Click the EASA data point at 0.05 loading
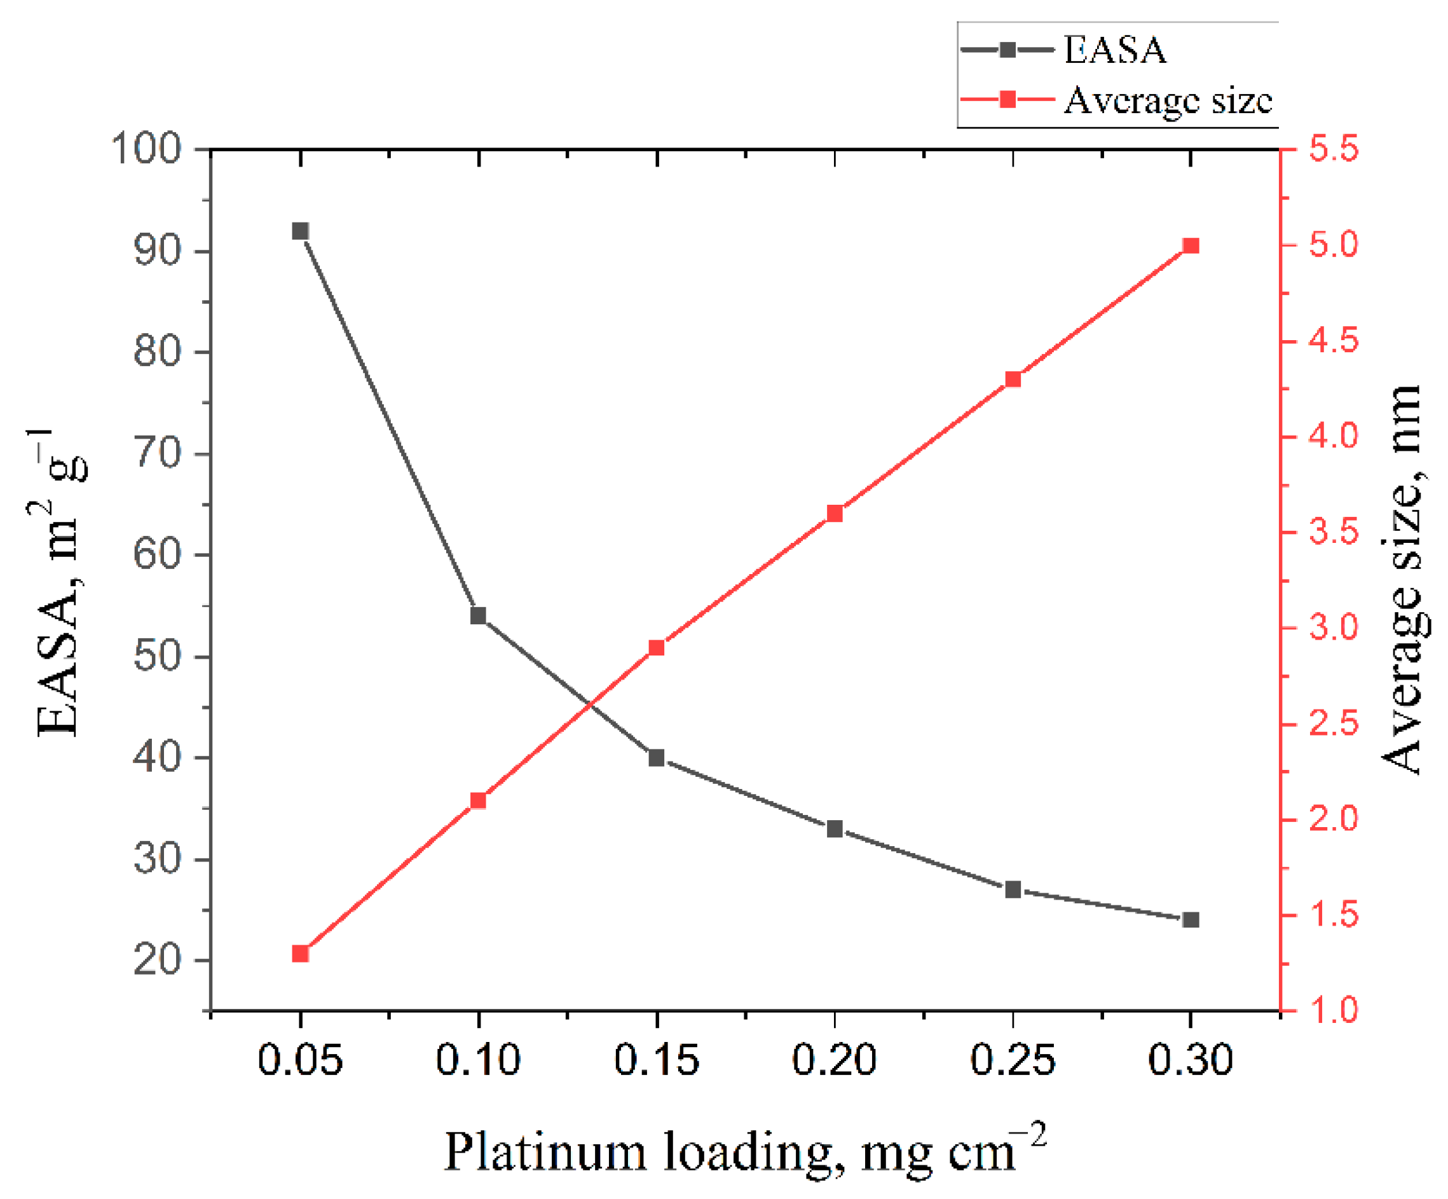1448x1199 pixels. pos(300,231)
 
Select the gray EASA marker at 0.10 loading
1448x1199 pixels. pos(478,615)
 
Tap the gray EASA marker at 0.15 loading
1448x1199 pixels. pos(657,758)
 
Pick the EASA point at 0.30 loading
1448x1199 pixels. pos(1191,920)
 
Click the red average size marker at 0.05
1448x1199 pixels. pos(300,954)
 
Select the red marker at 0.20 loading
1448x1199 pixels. pos(835,514)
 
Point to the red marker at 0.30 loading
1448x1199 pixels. pos(1191,246)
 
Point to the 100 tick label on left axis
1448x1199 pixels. pos(146,149)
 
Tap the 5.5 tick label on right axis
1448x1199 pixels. pos(1333,149)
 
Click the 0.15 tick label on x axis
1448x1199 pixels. pos(657,1060)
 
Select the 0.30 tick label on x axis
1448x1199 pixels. pos(1191,1060)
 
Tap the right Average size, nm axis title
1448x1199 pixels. pos(1403,579)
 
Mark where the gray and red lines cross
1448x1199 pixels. pos(589,704)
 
